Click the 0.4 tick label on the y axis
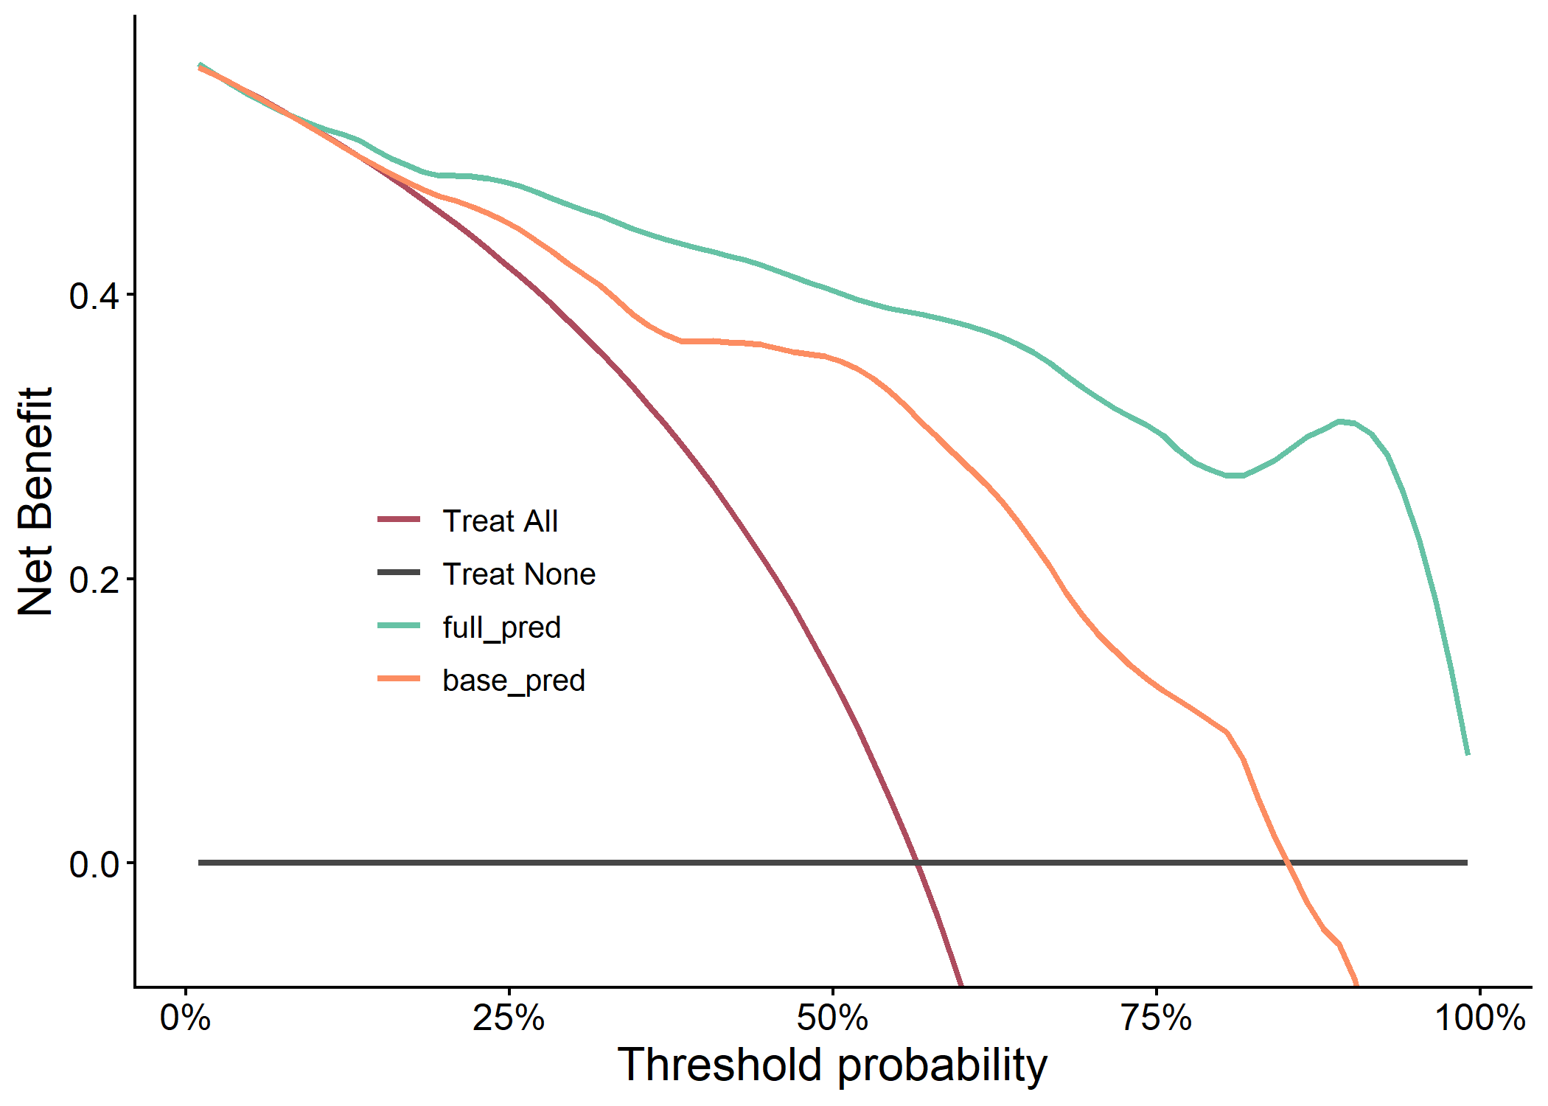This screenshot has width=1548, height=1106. point(93,296)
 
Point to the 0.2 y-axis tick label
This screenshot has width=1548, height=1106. point(93,580)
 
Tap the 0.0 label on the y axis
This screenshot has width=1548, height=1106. point(93,864)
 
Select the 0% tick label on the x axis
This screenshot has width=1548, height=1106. point(186,1018)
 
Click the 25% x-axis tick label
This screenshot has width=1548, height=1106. point(509,1018)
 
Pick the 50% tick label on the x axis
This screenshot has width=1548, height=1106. point(832,1018)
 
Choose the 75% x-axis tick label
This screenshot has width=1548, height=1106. point(1156,1018)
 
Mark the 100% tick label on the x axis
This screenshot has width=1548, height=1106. point(1479,1018)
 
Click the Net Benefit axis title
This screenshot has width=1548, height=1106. point(35,501)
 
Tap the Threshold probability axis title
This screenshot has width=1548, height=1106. point(832,1065)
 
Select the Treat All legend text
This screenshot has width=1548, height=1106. point(501,521)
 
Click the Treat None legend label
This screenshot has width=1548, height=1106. point(519,574)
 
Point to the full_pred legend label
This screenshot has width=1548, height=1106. point(502,627)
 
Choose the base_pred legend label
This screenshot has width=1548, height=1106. point(514,681)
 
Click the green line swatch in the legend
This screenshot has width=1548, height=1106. point(399,625)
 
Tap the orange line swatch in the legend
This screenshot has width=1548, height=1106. point(399,678)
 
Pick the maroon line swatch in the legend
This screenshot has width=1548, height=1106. point(399,519)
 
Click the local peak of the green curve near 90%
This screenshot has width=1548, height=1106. point(1341,422)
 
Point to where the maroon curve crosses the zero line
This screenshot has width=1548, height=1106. point(917,863)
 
